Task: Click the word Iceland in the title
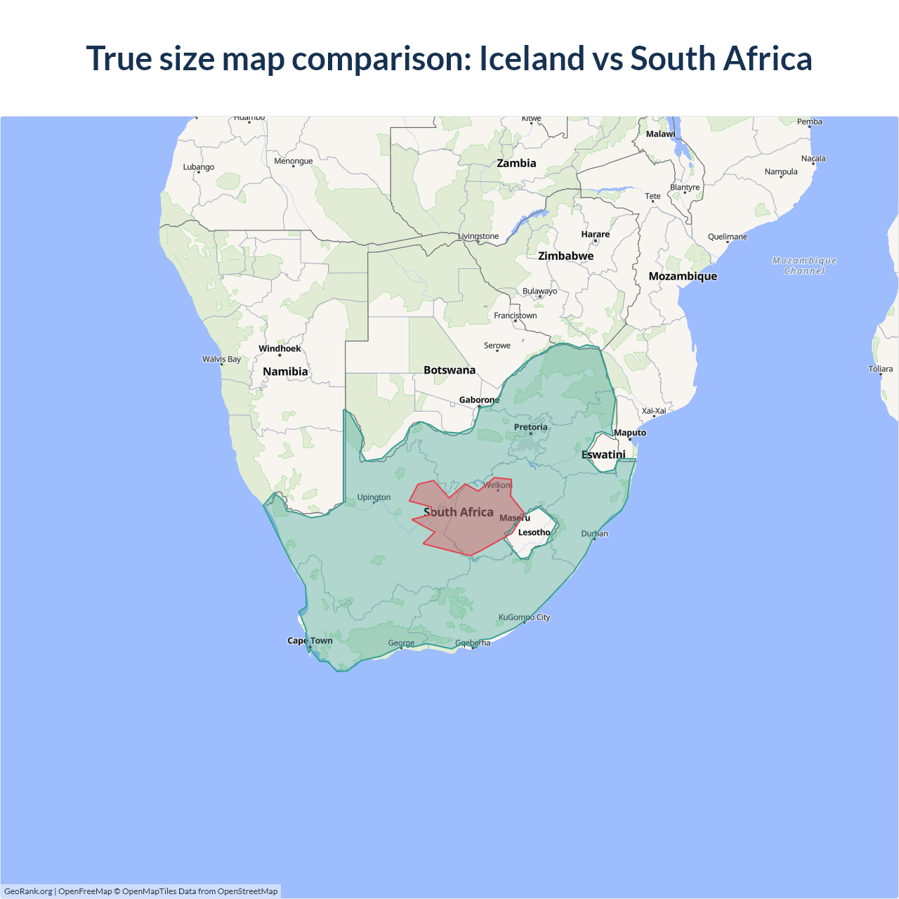click(x=532, y=58)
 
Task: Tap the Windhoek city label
click(x=280, y=348)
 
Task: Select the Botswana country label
click(x=449, y=370)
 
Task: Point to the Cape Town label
click(x=310, y=641)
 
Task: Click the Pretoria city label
click(x=530, y=427)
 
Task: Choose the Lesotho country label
click(x=534, y=532)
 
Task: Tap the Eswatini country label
click(x=603, y=454)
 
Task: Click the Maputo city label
click(x=629, y=433)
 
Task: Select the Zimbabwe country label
click(x=565, y=256)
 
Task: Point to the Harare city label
click(x=595, y=234)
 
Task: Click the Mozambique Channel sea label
click(x=804, y=265)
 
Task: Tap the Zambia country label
click(x=516, y=163)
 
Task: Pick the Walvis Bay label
click(x=221, y=359)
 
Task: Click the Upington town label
click(x=374, y=497)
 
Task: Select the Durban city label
click(x=594, y=534)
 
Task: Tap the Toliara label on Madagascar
click(x=880, y=369)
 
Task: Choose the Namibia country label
click(x=285, y=372)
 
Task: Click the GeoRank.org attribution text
click(x=28, y=891)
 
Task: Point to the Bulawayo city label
click(x=539, y=291)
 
